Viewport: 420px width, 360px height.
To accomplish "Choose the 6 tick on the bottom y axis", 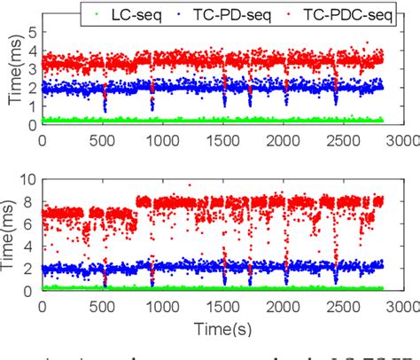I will pyautogui.click(x=32, y=224).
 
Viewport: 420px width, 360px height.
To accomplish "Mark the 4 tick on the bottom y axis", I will pyautogui.click(x=32, y=247).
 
